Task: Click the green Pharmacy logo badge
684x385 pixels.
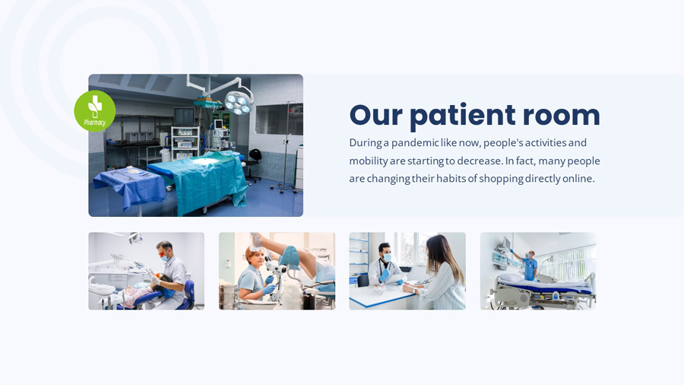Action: tap(95, 111)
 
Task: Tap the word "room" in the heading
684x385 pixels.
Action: tap(561, 116)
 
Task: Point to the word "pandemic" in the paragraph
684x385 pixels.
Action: tap(415, 142)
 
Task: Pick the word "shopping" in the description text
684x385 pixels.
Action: tap(501, 179)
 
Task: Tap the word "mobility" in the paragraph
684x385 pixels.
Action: tap(368, 161)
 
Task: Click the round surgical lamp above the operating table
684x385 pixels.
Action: tap(239, 100)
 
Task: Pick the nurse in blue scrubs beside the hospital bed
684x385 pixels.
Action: tap(530, 266)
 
